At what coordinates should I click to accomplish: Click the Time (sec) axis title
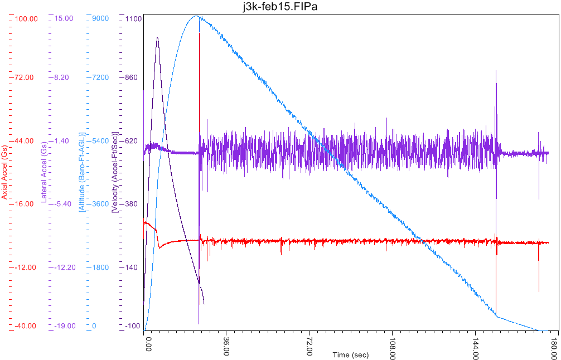pyautogui.click(x=351, y=355)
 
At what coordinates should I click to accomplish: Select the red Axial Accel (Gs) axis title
pyautogui.click(x=4, y=177)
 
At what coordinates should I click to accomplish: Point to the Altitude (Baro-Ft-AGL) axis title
pyautogui.click(x=82, y=172)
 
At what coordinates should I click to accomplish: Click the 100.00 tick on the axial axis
pyautogui.click(x=26, y=18)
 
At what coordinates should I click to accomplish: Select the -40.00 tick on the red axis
pyautogui.click(x=26, y=326)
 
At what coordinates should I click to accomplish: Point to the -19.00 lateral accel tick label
pyautogui.click(x=62, y=326)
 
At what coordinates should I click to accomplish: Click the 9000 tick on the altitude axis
pyautogui.click(x=100, y=18)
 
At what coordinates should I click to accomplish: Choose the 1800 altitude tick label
pyautogui.click(x=100, y=267)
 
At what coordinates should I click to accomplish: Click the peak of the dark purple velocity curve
pyautogui.click(x=157, y=38)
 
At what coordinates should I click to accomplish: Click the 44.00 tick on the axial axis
pyautogui.click(x=26, y=141)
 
